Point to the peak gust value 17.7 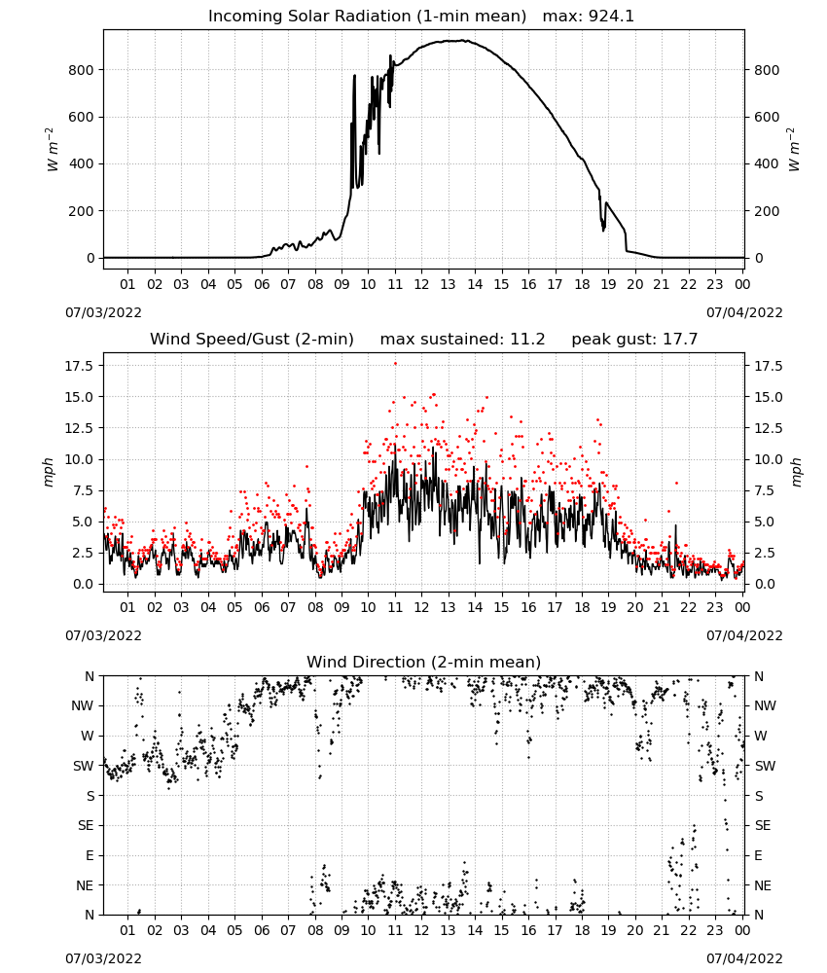pos(681,339)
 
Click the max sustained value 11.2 pos(527,339)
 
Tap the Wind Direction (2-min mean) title pos(424,662)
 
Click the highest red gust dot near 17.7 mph pos(395,364)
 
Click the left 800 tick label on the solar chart pos(82,70)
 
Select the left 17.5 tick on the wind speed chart pos(79,366)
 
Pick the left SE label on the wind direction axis pos(87,825)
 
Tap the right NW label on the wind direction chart pos(765,705)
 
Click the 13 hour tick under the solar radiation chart pos(448,284)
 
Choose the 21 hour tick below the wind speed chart pos(662,607)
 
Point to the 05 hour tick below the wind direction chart pos(234,930)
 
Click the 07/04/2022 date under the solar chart pos(744,312)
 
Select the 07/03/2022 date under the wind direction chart pos(103,958)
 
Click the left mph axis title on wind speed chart pos(49,472)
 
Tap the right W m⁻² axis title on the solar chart pos(795,150)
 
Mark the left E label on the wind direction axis pos(90,855)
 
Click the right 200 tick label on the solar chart pos(767,211)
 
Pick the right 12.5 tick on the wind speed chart pos(768,428)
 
